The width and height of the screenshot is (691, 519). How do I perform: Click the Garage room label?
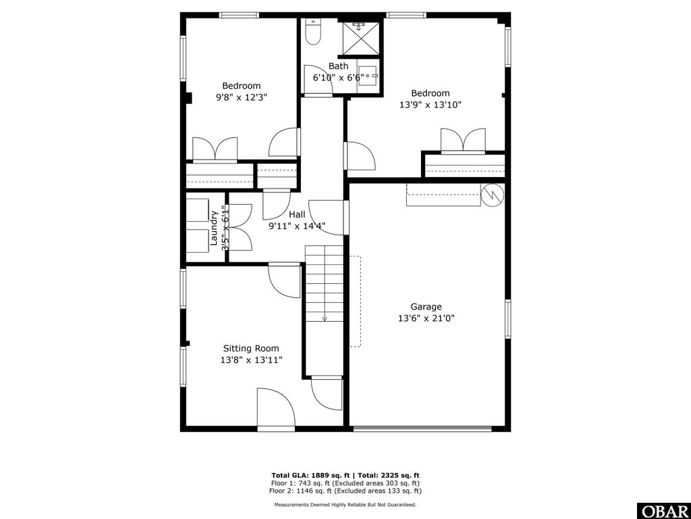(426, 306)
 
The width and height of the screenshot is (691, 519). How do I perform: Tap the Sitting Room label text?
(251, 349)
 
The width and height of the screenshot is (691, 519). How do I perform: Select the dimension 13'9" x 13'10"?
(431, 105)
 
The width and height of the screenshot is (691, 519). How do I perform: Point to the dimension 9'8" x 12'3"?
(242, 97)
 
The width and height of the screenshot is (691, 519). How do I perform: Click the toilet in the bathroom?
(313, 31)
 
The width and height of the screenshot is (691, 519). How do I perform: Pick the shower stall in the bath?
(360, 36)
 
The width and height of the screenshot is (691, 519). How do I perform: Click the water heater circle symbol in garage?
(492, 195)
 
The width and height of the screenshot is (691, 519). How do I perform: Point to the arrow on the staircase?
(325, 317)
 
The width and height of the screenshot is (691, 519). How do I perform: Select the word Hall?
(297, 214)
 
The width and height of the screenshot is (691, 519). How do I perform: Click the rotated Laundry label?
(215, 228)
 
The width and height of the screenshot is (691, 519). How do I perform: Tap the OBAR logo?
(663, 510)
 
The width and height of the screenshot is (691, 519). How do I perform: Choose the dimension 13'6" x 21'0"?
(426, 318)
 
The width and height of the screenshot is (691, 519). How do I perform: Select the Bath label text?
(339, 66)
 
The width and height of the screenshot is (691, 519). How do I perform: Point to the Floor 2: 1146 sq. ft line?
(345, 491)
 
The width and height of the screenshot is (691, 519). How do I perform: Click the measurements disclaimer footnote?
(345, 505)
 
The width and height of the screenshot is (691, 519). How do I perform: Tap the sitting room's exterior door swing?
(275, 408)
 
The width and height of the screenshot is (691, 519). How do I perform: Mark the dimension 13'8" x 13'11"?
(251, 360)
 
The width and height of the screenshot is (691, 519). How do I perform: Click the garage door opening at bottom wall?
(422, 428)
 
